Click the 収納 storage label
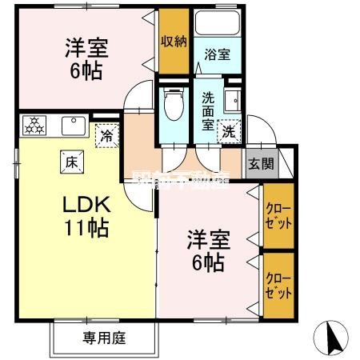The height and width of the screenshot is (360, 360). [174, 42]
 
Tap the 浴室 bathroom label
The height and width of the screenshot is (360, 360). [218, 56]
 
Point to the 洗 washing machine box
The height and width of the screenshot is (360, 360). [230, 131]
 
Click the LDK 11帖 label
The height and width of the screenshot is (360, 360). [86, 216]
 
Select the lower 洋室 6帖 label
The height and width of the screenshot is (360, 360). [206, 250]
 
